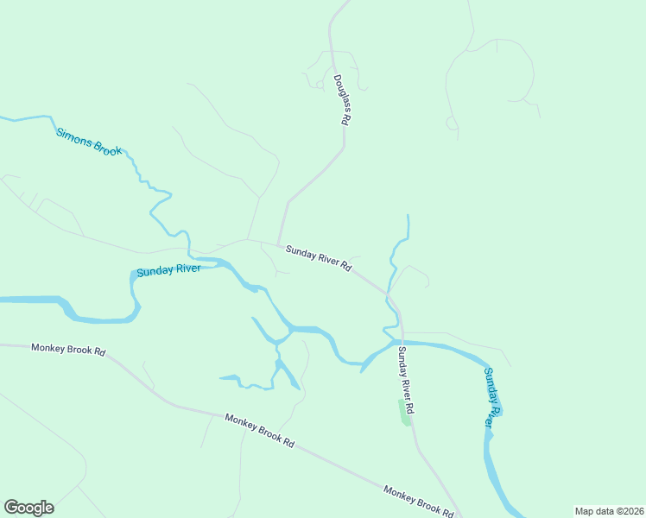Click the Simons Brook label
(x=90, y=142)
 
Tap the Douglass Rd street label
(x=340, y=101)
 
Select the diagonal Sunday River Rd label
(x=319, y=257)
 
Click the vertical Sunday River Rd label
(x=406, y=378)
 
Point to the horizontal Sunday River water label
(x=168, y=270)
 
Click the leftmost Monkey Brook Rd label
(x=68, y=350)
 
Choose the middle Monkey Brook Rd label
(x=259, y=430)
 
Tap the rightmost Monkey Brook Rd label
(x=419, y=502)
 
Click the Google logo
(x=28, y=508)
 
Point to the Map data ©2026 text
(x=609, y=511)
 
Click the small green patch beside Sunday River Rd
(x=403, y=412)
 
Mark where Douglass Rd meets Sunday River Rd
(x=278, y=244)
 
